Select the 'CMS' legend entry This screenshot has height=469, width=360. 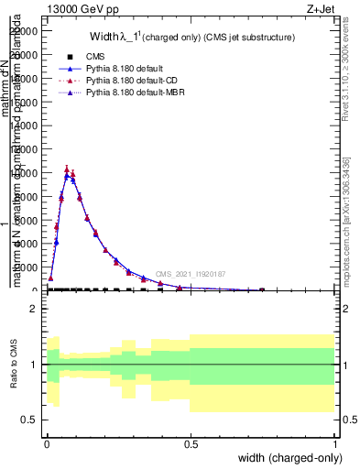click(x=96, y=57)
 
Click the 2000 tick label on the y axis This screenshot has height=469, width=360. click(x=28, y=267)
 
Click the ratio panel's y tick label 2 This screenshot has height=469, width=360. click(x=34, y=309)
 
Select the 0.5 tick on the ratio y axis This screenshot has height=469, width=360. click(x=30, y=420)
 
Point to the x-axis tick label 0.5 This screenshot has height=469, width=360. click(x=191, y=443)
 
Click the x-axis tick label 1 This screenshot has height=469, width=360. click(x=334, y=443)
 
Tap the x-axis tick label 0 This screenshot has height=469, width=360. click(x=47, y=443)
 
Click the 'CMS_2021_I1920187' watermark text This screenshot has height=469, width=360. click(x=190, y=274)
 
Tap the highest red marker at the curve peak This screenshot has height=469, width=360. click(x=67, y=169)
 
